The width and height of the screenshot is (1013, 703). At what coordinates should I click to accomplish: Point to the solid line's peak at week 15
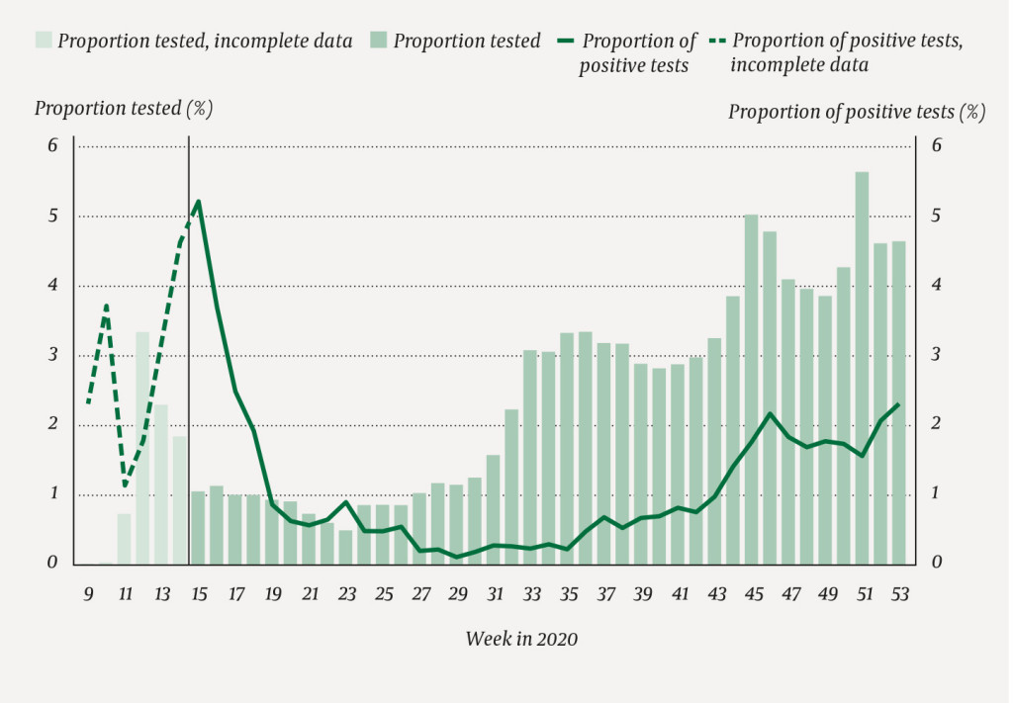point(199,201)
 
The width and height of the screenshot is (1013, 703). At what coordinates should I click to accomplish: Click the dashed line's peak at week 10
point(106,307)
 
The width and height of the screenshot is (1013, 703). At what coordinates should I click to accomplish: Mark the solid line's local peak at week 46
point(770,413)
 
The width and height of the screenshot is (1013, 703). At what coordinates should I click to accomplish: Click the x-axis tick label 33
point(531,595)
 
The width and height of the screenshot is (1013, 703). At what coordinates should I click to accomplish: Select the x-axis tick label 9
point(88,595)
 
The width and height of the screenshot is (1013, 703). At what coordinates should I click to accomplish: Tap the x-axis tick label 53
point(899,595)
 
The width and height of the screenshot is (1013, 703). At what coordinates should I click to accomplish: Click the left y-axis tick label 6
point(53,146)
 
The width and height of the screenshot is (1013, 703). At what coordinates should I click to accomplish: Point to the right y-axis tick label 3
point(935,355)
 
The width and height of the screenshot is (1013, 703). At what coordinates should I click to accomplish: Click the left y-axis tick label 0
point(53,564)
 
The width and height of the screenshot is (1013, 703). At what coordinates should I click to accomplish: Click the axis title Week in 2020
point(521,640)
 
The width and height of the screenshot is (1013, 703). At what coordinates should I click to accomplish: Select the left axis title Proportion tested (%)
point(124,108)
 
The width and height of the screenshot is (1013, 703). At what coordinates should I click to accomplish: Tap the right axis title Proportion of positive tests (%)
point(857,112)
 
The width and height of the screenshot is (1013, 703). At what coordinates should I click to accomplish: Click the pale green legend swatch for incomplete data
point(44,41)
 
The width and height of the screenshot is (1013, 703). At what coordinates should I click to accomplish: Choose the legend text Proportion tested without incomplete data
point(467,42)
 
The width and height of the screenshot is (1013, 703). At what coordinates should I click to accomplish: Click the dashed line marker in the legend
point(717,41)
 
